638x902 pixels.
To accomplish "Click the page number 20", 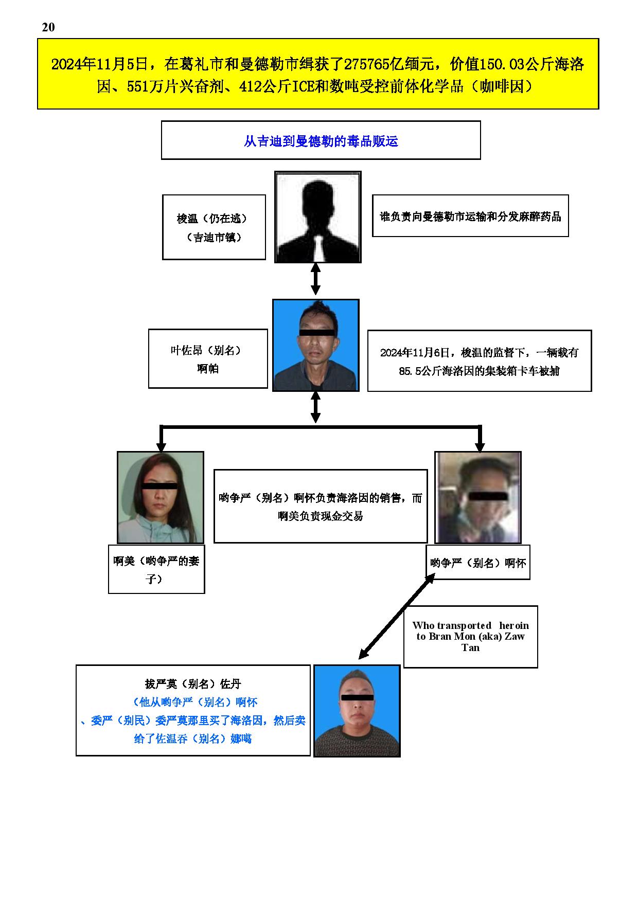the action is point(48,27).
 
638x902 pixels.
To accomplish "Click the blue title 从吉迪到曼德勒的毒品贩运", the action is point(321,141).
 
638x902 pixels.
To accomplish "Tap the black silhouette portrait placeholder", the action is point(318,217).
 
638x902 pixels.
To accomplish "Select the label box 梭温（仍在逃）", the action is point(214,227).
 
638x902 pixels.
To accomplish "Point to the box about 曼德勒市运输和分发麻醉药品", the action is point(470,216).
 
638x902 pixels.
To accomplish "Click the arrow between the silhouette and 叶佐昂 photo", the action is point(316,279).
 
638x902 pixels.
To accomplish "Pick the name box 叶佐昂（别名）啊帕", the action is point(208,358).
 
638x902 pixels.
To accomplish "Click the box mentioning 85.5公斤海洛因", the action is point(480,361).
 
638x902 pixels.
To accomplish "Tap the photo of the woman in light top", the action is point(161,497).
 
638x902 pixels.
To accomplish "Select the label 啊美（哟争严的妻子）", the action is point(156,569).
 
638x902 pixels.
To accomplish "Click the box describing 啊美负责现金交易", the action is point(321,506).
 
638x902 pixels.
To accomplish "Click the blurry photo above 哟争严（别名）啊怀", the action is point(478,497).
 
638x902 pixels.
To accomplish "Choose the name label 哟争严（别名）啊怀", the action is point(478,563).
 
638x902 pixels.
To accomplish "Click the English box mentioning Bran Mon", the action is point(470,637).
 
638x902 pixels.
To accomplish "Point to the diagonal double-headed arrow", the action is point(397,616).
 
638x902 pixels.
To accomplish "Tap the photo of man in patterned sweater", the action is point(357,711).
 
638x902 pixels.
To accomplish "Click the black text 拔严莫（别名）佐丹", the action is point(193,683).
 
